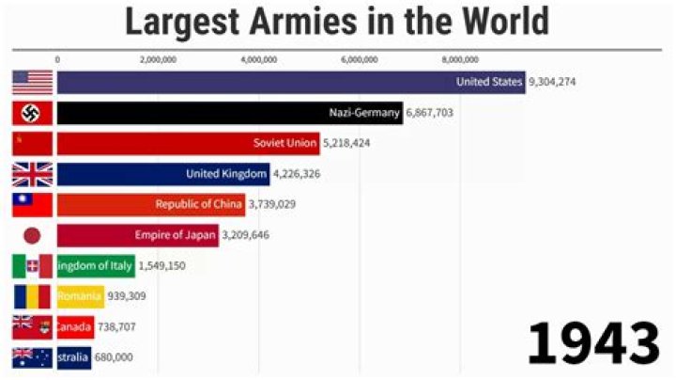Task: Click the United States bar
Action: coord(291,83)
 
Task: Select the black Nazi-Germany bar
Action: coord(230,113)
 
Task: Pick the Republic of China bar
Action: coord(150,205)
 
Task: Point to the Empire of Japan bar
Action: coord(137,235)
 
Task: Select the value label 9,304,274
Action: coord(552,82)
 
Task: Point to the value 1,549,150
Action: coord(161,266)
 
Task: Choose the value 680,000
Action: coord(114,357)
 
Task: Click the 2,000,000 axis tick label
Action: coord(158,59)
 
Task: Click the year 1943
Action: coord(593,343)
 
